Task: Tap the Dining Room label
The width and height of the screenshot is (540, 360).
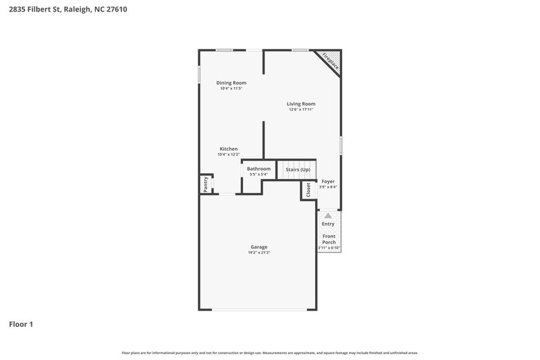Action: pos(231,83)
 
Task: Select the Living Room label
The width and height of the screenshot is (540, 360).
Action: pos(301,103)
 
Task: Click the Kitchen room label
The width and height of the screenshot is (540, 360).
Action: pos(228,149)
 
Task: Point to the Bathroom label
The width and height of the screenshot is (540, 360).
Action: pos(259,169)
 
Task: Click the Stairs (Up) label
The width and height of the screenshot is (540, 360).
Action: pos(298,169)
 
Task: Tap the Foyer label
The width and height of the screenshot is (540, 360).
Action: pos(328,182)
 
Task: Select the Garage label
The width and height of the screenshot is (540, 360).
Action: pos(259,247)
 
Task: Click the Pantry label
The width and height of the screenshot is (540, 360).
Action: pos(205,184)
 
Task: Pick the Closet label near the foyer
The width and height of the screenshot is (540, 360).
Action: pos(308,190)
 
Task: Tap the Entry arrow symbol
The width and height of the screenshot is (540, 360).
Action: pos(328,215)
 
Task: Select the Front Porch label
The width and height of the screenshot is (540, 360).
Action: pos(329,239)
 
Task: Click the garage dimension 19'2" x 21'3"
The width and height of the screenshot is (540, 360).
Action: pos(259,253)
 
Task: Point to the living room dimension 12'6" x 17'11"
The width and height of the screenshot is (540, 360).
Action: pos(301,109)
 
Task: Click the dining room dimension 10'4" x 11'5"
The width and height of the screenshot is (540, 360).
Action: pos(231,88)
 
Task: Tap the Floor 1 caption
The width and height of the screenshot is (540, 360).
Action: pos(20,324)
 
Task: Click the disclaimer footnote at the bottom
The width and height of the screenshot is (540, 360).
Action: pos(270,353)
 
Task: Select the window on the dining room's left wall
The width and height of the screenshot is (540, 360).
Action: pos(199,74)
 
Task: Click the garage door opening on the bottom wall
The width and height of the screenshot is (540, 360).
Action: pos(259,310)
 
